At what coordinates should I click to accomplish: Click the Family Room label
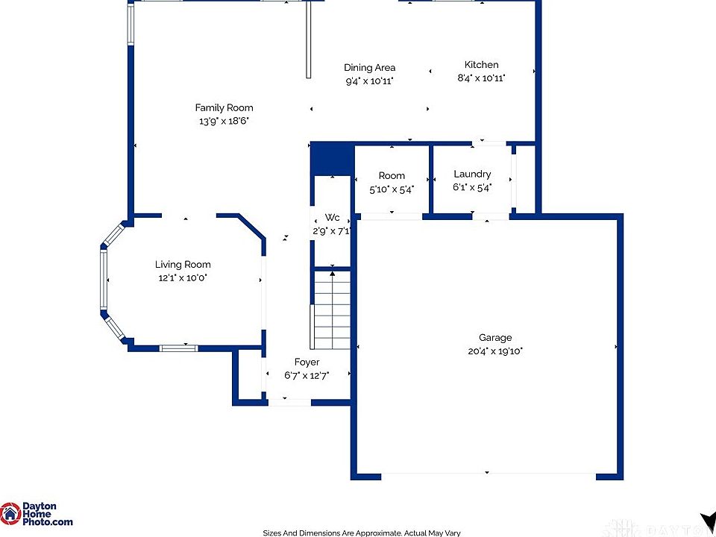coord(224,108)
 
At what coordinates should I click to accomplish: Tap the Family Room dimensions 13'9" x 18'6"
coord(224,122)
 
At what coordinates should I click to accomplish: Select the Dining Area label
coord(369,68)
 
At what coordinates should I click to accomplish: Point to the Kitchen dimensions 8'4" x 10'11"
coord(481,78)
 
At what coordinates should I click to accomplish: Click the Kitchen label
coord(481,65)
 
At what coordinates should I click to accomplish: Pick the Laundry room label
coord(472,174)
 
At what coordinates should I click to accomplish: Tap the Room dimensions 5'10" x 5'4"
coord(392,189)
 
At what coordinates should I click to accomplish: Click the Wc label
coord(332,217)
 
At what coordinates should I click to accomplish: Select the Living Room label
coord(183,264)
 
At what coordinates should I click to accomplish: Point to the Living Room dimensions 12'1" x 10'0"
coord(183,277)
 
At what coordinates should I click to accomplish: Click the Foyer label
coord(307,362)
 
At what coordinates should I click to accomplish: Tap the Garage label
coord(495,338)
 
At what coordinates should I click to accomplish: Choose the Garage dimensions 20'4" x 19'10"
coord(495,351)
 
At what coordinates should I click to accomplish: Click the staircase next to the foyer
coord(331,310)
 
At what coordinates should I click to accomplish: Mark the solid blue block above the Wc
coord(333,159)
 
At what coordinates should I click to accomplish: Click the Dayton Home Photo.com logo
coord(37,514)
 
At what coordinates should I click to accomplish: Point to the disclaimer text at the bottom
coord(362,533)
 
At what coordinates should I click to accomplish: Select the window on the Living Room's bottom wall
coord(178,348)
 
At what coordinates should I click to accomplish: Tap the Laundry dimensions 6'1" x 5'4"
coord(472,187)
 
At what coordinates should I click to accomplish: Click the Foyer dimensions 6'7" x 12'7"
coord(307,376)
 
